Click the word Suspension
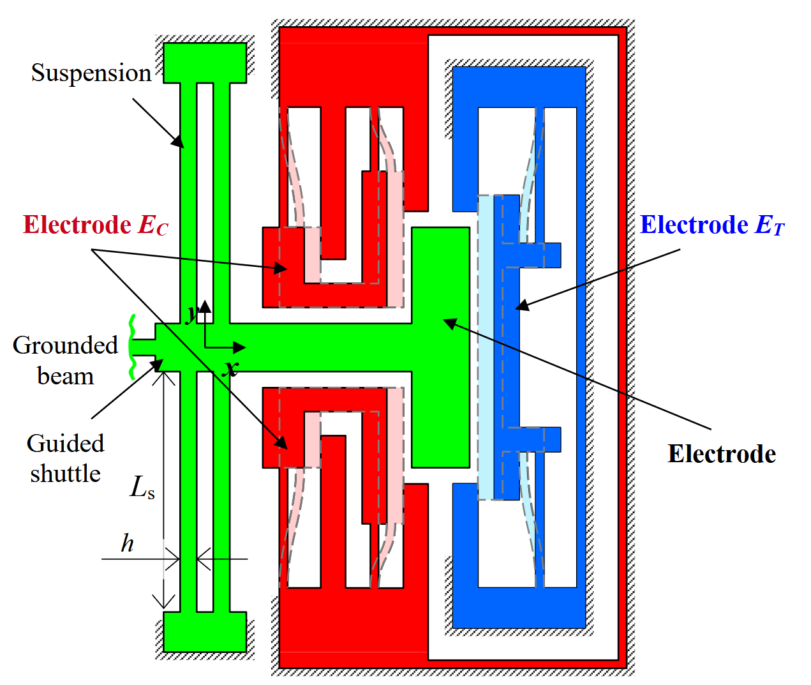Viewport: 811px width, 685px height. pos(91,73)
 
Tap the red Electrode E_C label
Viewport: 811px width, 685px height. pos(96,225)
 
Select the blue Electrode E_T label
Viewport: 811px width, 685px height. pos(712,225)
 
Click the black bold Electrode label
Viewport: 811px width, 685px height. pos(722,453)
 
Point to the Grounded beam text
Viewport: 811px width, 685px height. pos(65,361)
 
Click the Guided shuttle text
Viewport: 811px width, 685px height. pos(65,458)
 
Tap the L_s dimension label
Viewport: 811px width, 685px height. pos(142,488)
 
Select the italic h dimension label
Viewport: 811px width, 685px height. pos(127,543)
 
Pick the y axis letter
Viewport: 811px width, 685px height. pos(193,313)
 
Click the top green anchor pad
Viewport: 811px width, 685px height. pos(205,63)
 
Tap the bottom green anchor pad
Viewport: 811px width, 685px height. pos(205,632)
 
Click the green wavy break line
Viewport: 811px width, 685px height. pos(132,347)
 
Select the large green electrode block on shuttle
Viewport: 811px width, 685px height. pos(440,347)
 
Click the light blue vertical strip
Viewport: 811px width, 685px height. pos(486,347)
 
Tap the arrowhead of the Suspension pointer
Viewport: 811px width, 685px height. pos(179,142)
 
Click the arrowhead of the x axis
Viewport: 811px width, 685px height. pos(239,347)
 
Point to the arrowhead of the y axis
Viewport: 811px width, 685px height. pos(205,306)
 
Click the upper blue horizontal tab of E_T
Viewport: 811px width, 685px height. pos(540,255)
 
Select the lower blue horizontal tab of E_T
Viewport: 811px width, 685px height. pos(540,439)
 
